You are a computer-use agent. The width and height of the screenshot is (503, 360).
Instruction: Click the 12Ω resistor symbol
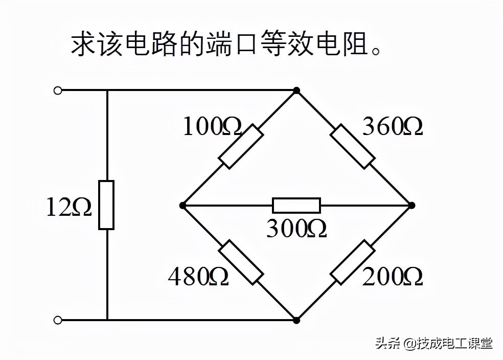click(x=106, y=205)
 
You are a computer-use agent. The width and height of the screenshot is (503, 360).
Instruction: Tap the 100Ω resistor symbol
click(x=241, y=146)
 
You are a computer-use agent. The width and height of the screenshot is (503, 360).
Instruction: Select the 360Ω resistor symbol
click(x=353, y=146)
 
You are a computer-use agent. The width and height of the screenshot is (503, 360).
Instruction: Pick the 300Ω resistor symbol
click(x=296, y=205)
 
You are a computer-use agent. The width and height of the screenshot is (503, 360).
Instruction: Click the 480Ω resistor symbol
click(x=241, y=262)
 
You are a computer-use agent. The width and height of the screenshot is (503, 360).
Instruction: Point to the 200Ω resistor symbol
click(x=353, y=262)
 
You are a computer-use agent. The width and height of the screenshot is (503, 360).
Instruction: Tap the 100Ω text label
click(x=212, y=127)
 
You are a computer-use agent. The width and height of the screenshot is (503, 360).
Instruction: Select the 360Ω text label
click(x=393, y=127)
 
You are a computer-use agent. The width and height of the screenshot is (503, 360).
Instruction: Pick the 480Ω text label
click(x=198, y=277)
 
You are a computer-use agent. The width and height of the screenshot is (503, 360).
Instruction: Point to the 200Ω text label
click(x=393, y=277)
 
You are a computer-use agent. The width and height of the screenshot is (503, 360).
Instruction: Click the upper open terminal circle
click(x=58, y=91)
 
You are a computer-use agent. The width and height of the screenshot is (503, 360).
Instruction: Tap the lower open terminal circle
click(x=58, y=320)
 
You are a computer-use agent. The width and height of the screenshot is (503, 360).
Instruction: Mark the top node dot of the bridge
click(x=296, y=91)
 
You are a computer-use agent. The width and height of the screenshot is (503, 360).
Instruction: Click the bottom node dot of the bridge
click(x=296, y=320)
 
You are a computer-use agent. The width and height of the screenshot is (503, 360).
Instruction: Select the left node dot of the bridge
click(x=182, y=205)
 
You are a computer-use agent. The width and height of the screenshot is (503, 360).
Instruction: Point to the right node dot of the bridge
click(x=411, y=205)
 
